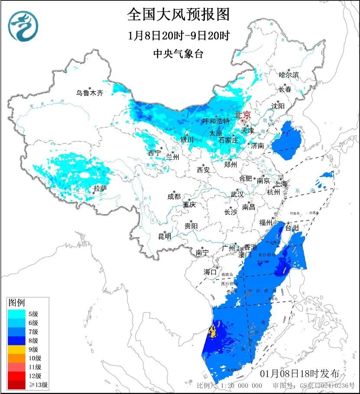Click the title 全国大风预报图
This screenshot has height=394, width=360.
[178, 15]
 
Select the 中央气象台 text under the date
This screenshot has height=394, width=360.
[178, 54]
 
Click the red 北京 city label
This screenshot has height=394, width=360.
[242, 115]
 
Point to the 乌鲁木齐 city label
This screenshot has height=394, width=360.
[90, 93]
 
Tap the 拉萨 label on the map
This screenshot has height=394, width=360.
[100, 188]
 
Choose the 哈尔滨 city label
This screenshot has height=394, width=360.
[289, 75]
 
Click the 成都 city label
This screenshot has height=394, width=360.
[174, 197]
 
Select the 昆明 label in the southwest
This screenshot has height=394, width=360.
[165, 236]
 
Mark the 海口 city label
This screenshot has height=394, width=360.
[210, 272]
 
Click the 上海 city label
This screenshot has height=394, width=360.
[281, 184]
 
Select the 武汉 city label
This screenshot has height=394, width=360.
[237, 194]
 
